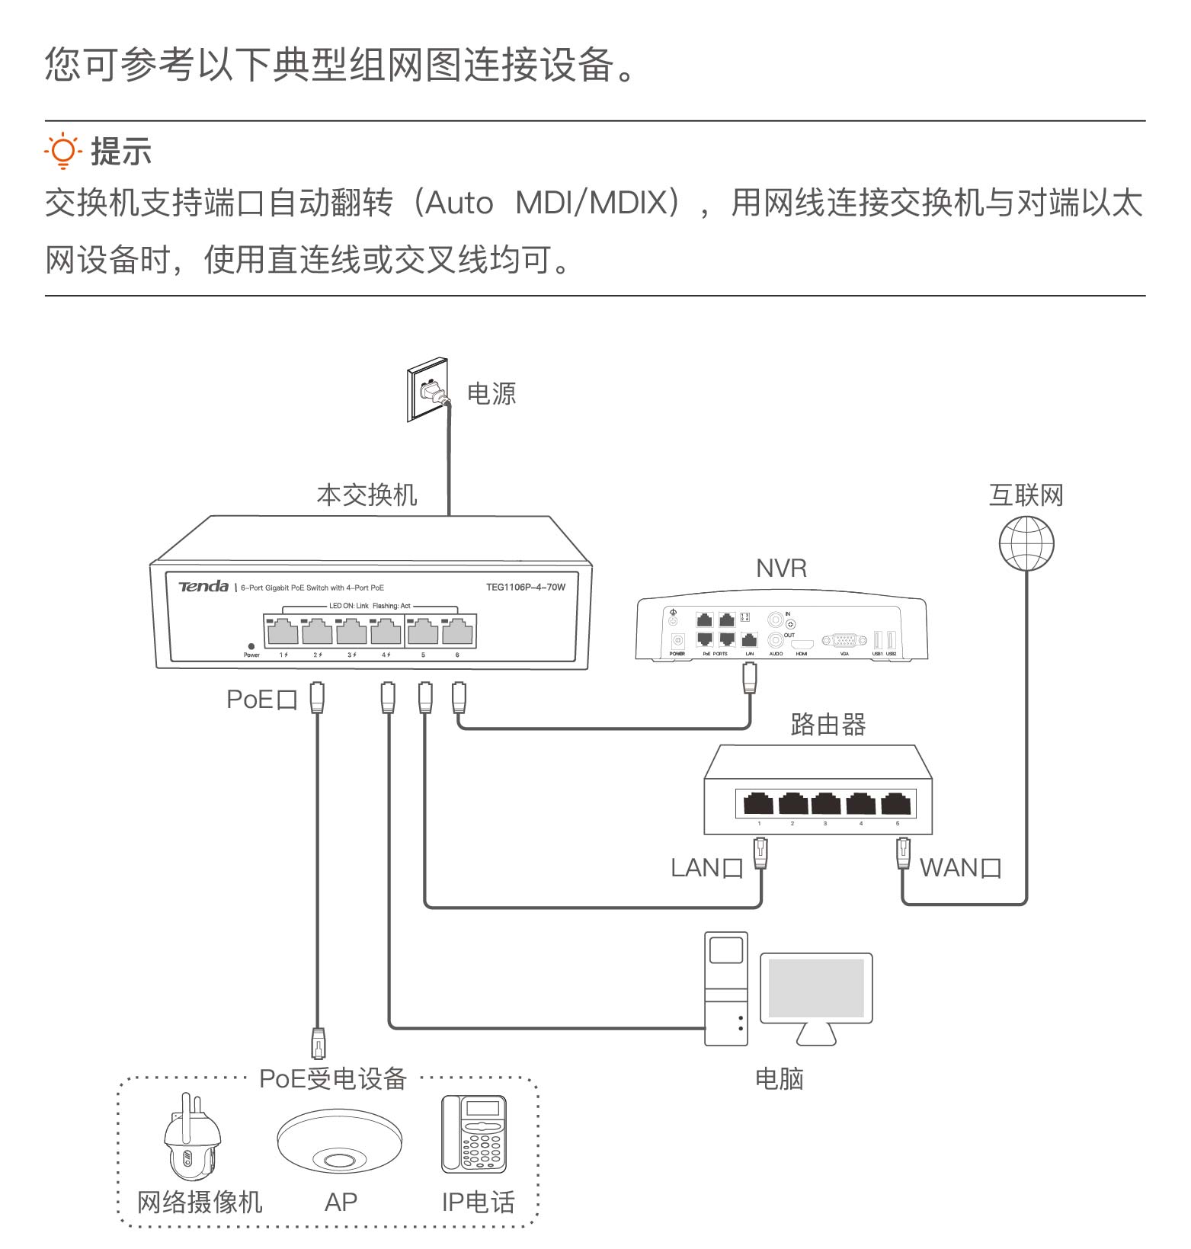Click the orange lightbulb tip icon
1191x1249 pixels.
point(62,151)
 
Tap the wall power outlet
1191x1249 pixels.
point(427,390)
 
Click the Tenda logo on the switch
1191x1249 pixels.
point(203,586)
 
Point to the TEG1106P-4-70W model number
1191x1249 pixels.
point(525,587)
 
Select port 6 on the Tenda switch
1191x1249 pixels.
point(457,632)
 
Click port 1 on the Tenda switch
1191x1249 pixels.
point(283,632)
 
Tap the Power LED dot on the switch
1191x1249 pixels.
point(251,646)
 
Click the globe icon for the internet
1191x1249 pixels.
point(1026,543)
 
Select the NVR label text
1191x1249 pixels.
point(781,568)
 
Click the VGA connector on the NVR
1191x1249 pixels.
point(844,641)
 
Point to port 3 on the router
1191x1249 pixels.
point(826,803)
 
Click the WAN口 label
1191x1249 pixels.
point(960,868)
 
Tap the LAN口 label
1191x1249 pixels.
point(706,868)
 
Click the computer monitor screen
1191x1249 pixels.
point(816,988)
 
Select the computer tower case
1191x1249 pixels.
point(725,988)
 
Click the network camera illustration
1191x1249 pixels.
point(191,1138)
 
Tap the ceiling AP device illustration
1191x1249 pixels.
point(339,1141)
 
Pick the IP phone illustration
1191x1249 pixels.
point(473,1133)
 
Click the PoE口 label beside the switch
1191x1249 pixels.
point(261,700)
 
